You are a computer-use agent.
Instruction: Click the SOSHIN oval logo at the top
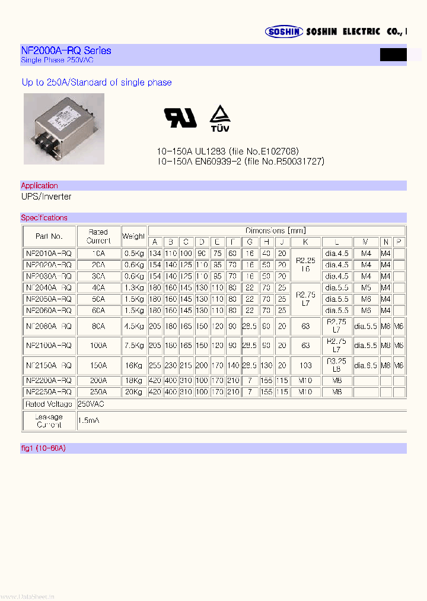[x=284, y=32]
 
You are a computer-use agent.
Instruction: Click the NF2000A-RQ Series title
[x=66, y=50]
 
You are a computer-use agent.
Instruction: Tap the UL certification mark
[x=180, y=118]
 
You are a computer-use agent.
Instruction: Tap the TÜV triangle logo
[x=219, y=118]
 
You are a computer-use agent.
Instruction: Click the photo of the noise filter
[x=63, y=128]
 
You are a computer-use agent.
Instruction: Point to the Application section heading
[x=39, y=186]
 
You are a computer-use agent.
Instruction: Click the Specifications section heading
[x=44, y=218]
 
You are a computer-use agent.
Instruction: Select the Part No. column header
[x=49, y=236]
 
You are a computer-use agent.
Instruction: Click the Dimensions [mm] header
[x=276, y=230]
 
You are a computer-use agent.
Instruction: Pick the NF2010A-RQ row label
[x=49, y=254]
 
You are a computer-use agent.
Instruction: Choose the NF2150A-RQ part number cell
[x=49, y=365]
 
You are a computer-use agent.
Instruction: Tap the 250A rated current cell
[x=98, y=392]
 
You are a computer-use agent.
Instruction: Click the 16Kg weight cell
[x=134, y=365]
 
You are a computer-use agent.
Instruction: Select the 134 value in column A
[x=155, y=254]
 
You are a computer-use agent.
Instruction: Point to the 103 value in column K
[x=305, y=365]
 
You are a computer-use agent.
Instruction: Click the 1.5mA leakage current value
[x=88, y=420]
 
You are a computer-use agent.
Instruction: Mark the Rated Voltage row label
[x=49, y=404]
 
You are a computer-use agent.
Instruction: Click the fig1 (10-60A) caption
[x=43, y=448]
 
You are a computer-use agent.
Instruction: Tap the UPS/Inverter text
[x=46, y=197]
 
